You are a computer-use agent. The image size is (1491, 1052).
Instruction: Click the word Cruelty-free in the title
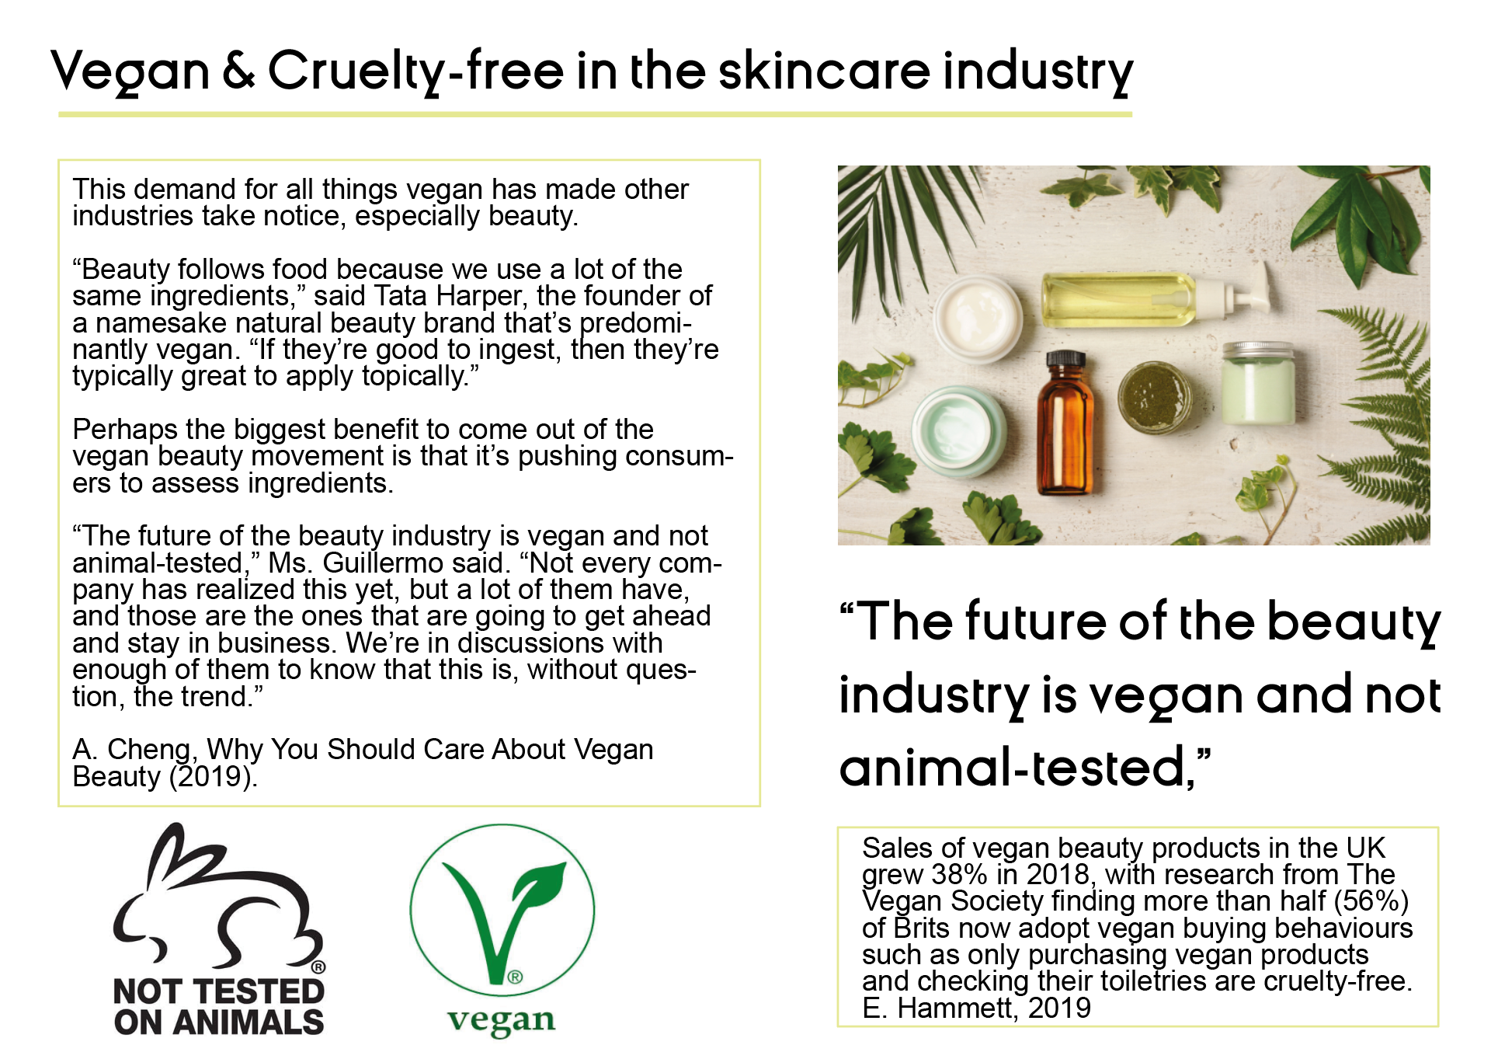point(415,71)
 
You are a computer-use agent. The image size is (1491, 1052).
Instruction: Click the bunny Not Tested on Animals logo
point(219,929)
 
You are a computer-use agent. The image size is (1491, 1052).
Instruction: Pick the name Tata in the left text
point(401,296)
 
